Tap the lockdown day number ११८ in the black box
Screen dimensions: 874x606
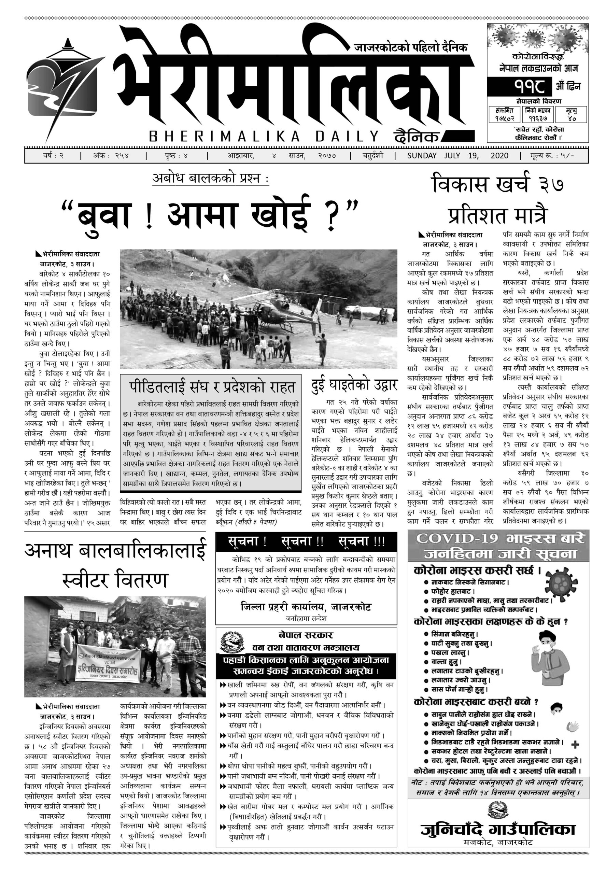tap(519, 86)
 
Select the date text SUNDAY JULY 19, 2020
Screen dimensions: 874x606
tap(457, 156)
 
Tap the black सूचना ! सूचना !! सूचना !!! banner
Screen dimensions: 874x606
tap(306, 541)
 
